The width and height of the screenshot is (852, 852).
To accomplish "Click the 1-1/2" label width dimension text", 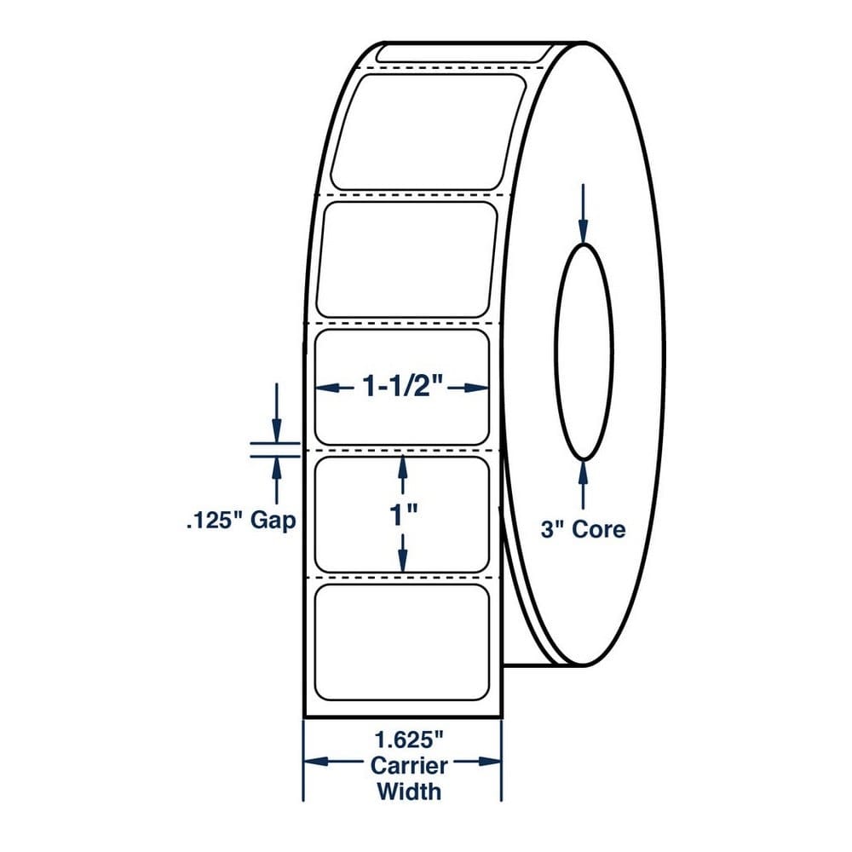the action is pyautogui.click(x=403, y=387).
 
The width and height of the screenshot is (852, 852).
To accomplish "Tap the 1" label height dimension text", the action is pyautogui.click(x=403, y=514).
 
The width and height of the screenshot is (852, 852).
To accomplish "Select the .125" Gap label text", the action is pyautogui.click(x=241, y=521).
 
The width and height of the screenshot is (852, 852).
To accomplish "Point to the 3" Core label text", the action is pyautogui.click(x=583, y=529).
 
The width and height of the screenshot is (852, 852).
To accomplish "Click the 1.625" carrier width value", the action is pyautogui.click(x=409, y=740).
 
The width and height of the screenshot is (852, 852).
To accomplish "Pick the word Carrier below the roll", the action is pyautogui.click(x=409, y=766).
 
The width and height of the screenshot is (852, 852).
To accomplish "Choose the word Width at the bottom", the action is pyautogui.click(x=409, y=792).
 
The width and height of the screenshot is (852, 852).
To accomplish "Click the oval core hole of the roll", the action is pyautogui.click(x=584, y=352).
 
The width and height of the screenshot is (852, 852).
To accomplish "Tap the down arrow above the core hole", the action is pyautogui.click(x=584, y=214).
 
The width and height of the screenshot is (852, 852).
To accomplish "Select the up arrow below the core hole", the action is pyautogui.click(x=584, y=485).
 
